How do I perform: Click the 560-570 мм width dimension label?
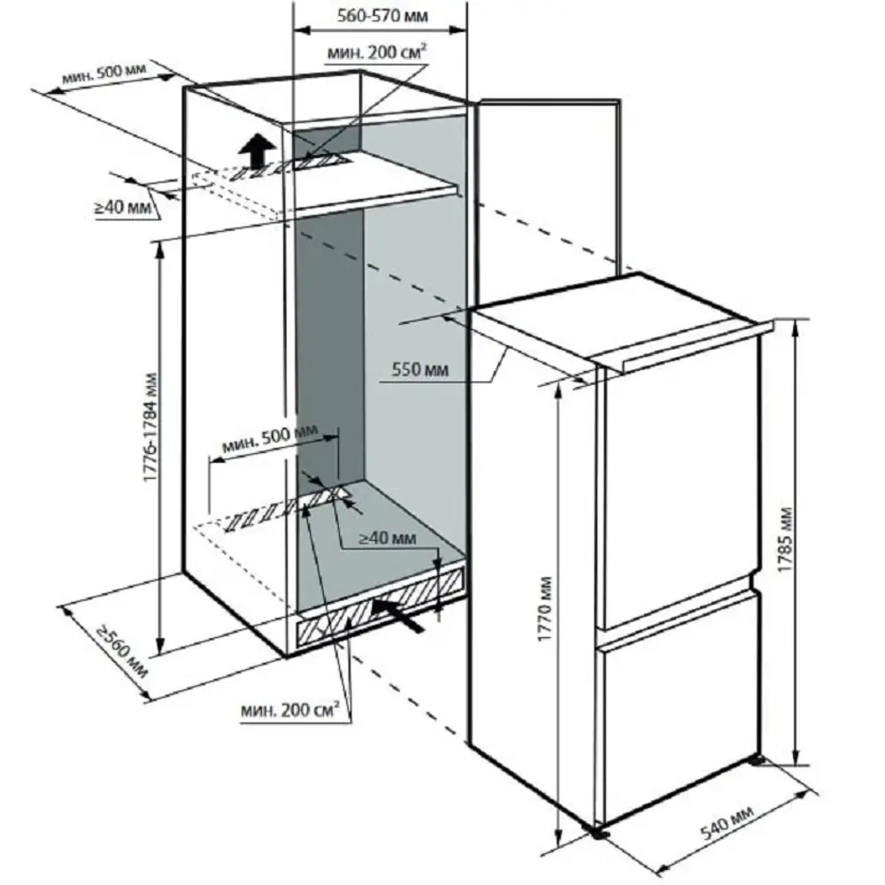(381, 15)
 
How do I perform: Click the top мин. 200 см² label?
(378, 54)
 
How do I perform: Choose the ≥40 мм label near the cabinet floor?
(387, 537)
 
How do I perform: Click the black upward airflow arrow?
(258, 150)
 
